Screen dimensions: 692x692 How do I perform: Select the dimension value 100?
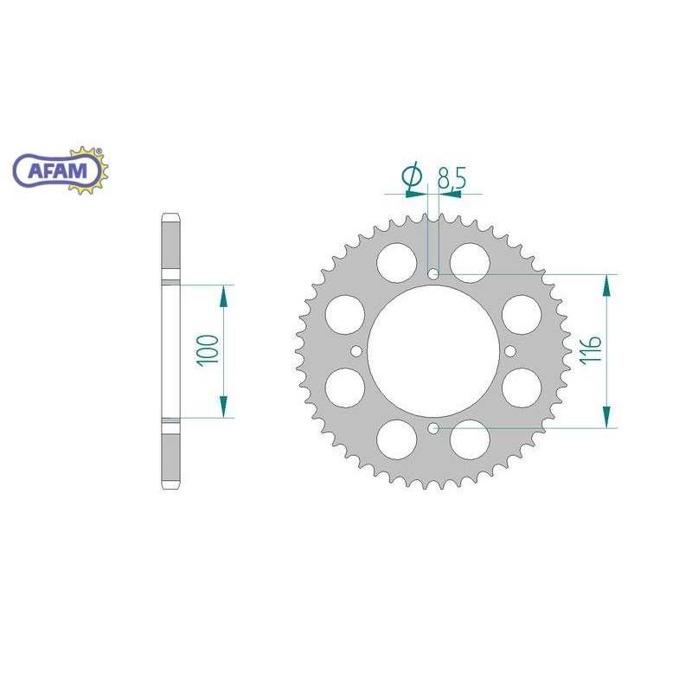pos(207,349)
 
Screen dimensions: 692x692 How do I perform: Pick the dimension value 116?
pos(592,350)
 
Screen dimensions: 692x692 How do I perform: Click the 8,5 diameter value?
pos(452,179)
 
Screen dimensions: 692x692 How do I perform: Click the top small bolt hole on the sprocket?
pos(433,274)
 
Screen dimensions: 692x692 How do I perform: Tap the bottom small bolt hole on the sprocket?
pos(433,427)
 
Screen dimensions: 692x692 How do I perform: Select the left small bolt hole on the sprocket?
pos(356,351)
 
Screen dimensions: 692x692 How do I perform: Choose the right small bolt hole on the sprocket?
pos(509,351)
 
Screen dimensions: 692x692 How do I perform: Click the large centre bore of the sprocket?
pos(433,351)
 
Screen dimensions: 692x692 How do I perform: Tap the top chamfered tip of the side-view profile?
pos(170,216)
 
